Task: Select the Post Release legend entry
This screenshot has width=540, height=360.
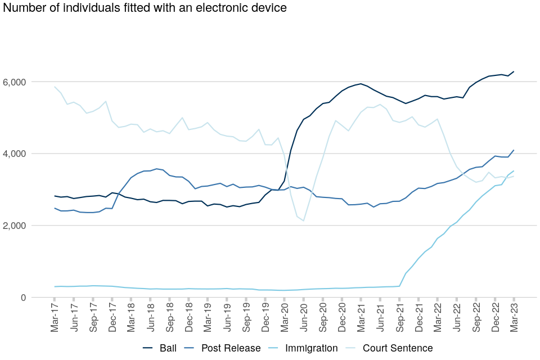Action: pos(231,348)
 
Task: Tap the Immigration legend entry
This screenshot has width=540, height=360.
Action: pos(311,348)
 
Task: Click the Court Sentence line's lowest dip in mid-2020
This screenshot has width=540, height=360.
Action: pos(304,220)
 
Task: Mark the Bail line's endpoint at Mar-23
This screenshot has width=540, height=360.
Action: pos(514,71)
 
